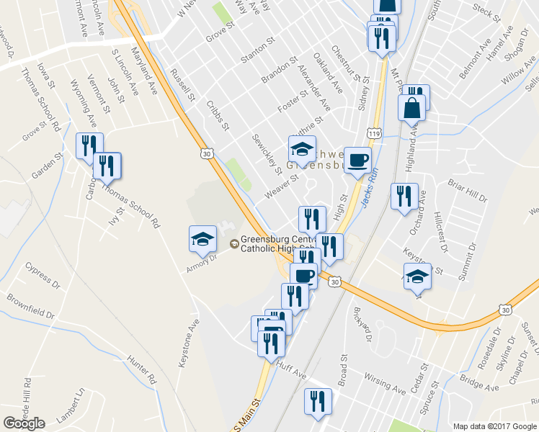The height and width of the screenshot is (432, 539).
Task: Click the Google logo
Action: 24,423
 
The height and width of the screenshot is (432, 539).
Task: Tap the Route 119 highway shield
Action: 373,134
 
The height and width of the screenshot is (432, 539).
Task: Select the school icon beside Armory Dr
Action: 202,240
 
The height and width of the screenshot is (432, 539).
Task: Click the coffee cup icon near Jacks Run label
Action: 357,161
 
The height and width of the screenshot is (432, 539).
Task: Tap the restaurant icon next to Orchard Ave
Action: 404,196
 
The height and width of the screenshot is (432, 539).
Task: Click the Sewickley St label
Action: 267,153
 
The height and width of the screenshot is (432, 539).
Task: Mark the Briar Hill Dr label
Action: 468,190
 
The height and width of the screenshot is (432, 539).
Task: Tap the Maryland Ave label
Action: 144,71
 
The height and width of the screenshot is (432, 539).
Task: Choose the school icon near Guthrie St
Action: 302,150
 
